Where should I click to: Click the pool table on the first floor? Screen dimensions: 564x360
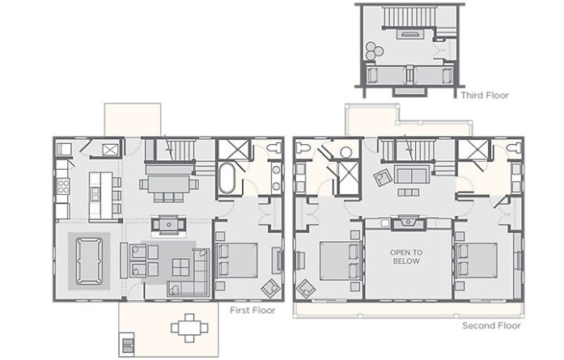point(89,260)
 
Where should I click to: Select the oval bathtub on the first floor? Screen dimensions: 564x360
point(227,178)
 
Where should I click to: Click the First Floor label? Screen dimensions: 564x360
point(252,311)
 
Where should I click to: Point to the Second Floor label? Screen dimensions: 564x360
point(491,326)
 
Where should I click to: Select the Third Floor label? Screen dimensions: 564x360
point(485,95)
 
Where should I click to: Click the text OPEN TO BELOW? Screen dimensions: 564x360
point(406,256)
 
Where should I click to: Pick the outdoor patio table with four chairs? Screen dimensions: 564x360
point(189,328)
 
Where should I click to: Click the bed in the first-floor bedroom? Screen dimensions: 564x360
point(237,260)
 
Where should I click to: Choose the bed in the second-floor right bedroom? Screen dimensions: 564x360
point(477,260)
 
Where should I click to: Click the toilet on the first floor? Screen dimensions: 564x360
point(275,147)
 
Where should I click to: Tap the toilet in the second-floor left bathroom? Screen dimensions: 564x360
point(302,146)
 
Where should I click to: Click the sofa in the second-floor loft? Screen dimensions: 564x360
point(412,174)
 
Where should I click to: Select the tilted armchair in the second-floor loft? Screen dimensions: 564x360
point(382,178)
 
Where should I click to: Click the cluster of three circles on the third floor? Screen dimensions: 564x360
point(374,50)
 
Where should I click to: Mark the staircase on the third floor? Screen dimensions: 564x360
point(409,16)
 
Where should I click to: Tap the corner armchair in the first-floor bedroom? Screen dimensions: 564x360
point(271,288)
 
